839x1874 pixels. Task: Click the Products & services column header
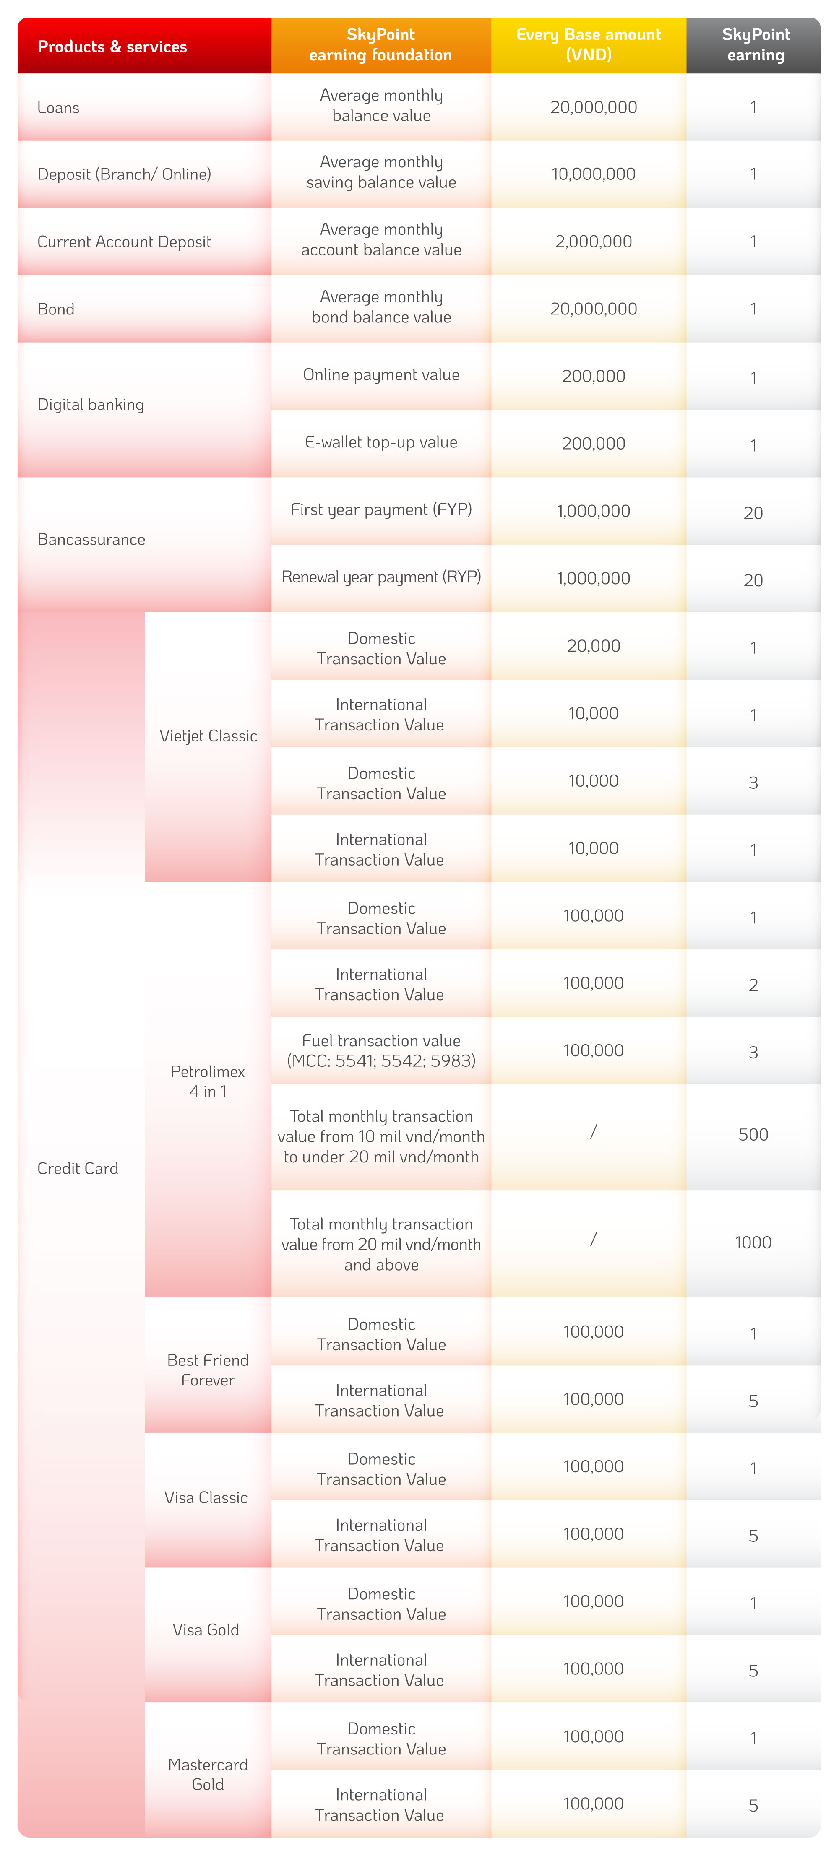(112, 47)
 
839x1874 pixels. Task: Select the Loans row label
(58, 108)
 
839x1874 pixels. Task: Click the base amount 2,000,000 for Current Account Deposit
(593, 242)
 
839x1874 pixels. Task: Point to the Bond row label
(56, 309)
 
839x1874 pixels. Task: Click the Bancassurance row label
(91, 539)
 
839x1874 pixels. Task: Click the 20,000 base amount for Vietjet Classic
(593, 646)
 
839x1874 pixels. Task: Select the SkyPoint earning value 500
(753, 1134)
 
